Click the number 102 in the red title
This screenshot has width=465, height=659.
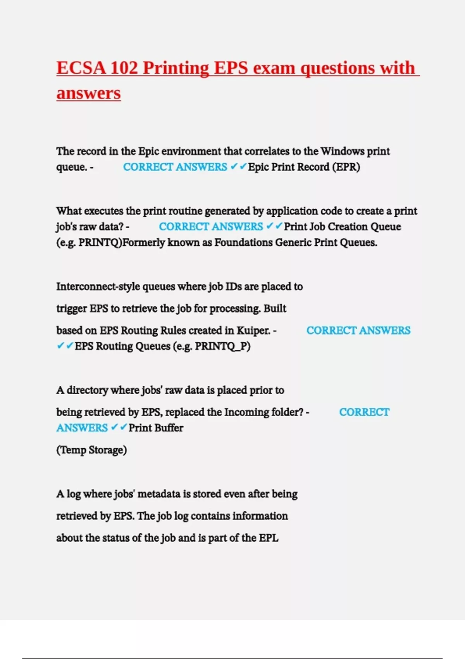(124, 68)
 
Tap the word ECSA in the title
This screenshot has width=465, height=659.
(81, 68)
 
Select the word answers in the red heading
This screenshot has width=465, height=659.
(89, 93)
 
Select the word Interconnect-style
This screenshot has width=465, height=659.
(98, 287)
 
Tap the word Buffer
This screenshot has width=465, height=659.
(170, 428)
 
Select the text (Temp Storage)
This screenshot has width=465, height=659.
(91, 450)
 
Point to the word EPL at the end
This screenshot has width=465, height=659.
(269, 538)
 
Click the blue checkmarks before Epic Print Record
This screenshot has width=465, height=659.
(238, 167)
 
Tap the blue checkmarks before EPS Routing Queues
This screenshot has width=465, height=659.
(65, 346)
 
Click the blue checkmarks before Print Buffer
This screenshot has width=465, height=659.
(119, 428)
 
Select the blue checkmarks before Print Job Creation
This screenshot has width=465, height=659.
(274, 226)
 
